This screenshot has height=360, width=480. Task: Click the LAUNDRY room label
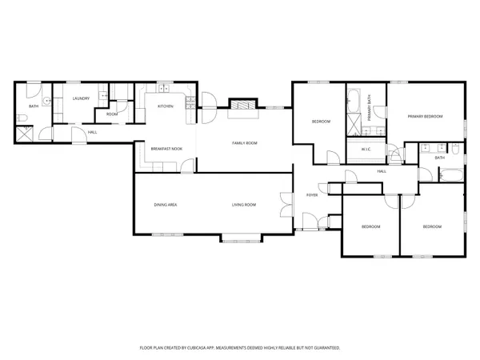click(x=80, y=98)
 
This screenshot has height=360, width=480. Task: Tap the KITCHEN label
click(x=166, y=106)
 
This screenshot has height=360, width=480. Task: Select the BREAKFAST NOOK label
click(x=166, y=149)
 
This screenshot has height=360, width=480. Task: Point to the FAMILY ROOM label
click(x=245, y=142)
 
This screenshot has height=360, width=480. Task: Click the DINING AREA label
click(x=166, y=206)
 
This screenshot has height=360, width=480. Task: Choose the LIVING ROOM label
click(x=244, y=206)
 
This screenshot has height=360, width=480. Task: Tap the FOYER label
click(x=312, y=195)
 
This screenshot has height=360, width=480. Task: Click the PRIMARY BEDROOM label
click(x=425, y=117)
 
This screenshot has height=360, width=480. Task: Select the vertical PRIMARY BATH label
click(x=370, y=107)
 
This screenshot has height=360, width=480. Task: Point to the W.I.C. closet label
click(x=364, y=150)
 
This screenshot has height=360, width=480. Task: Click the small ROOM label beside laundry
click(x=112, y=114)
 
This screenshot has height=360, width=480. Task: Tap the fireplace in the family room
click(x=241, y=105)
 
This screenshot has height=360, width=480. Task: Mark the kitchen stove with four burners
click(x=189, y=102)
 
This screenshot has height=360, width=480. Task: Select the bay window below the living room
click(x=241, y=237)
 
